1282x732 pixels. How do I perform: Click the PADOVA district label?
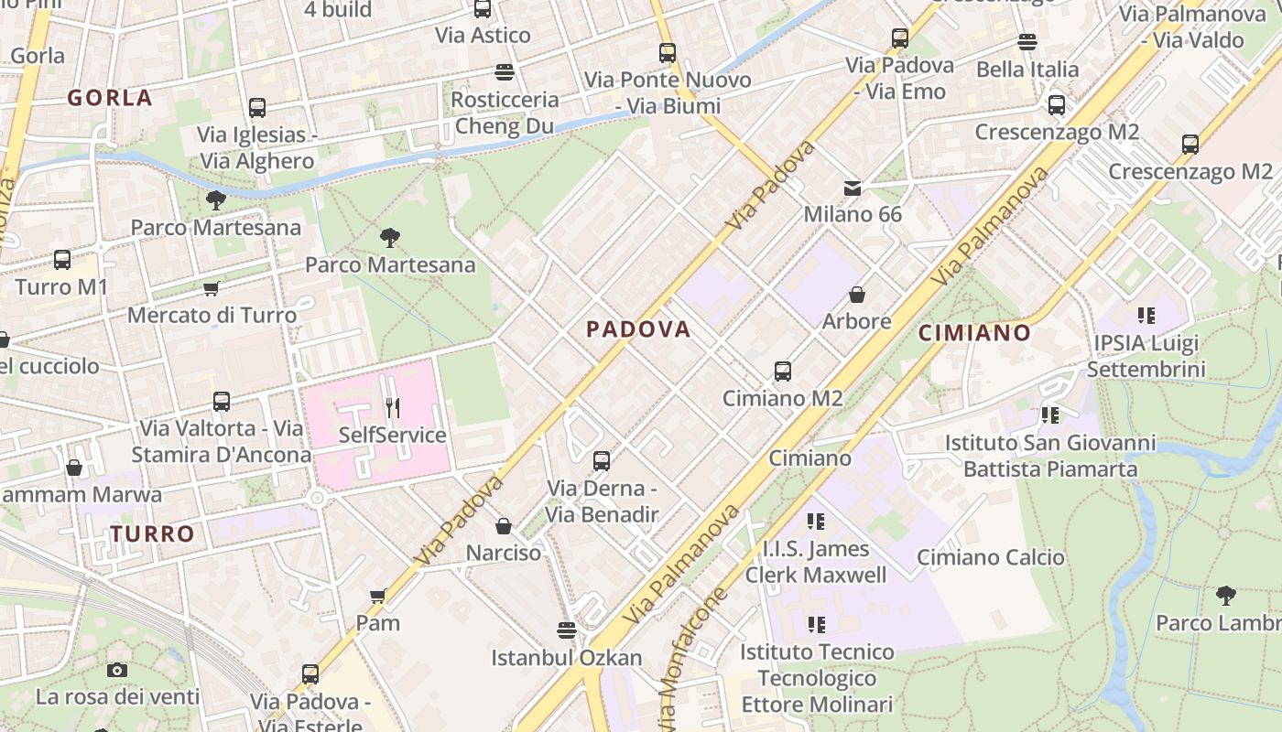click(638, 329)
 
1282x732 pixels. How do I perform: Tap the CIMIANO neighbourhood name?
click(974, 333)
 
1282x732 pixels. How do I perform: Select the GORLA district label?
click(110, 99)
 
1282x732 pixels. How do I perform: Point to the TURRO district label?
click(153, 533)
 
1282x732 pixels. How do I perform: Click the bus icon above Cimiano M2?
click(782, 371)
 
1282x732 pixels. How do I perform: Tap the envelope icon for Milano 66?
click(853, 188)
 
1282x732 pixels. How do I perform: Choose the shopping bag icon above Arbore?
click(857, 295)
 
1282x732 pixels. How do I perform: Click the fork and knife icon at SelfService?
click(393, 408)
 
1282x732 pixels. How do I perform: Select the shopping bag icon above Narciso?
click(503, 526)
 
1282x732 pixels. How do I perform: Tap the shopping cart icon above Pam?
click(377, 597)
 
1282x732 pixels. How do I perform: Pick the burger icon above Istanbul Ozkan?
click(567, 630)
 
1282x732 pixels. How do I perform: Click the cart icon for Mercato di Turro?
click(211, 289)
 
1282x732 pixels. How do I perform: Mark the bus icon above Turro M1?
click(61, 260)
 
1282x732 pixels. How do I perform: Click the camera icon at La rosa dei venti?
click(116, 670)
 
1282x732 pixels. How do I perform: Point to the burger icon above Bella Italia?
click(1027, 42)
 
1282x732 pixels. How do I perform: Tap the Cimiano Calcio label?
click(991, 557)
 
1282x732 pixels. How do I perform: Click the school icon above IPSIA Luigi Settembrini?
click(1146, 317)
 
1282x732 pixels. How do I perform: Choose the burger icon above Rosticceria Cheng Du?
click(504, 71)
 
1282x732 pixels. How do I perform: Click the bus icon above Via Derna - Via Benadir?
click(601, 461)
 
